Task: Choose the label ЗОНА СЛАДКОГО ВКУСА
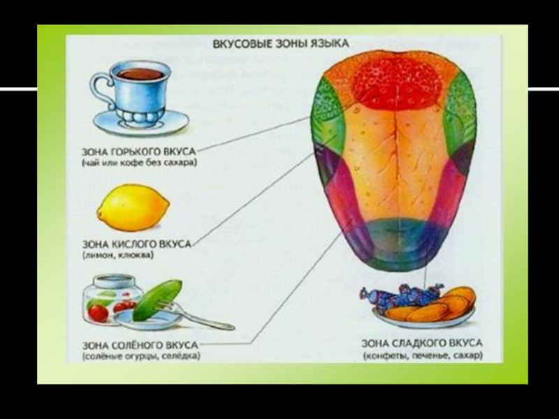click(422, 344)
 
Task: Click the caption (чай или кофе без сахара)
click(140, 162)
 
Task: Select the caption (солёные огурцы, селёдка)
click(140, 355)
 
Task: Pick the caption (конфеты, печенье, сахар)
click(422, 355)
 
